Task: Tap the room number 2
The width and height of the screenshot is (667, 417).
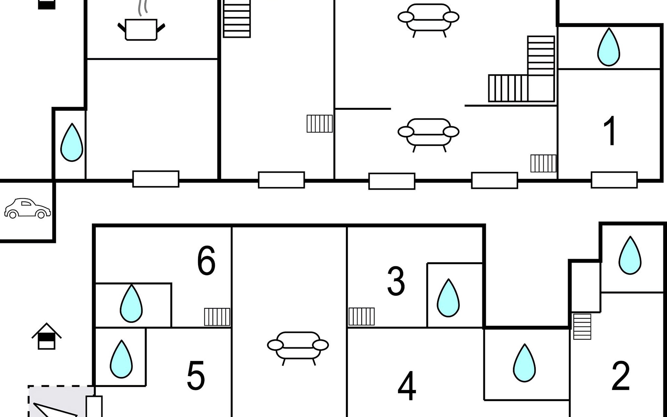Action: click(x=620, y=376)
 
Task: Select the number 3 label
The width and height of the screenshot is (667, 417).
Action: click(x=396, y=281)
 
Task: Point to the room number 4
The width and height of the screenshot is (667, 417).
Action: click(x=407, y=386)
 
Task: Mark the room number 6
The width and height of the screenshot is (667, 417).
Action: click(x=206, y=261)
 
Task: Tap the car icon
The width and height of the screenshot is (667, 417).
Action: click(x=27, y=208)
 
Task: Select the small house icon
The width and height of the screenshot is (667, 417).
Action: click(x=47, y=336)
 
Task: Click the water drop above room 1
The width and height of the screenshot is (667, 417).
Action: click(x=609, y=47)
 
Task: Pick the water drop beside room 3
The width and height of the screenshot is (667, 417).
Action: click(x=448, y=298)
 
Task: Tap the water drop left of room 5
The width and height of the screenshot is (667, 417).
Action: click(x=121, y=359)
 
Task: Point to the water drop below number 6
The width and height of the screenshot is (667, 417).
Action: click(x=131, y=304)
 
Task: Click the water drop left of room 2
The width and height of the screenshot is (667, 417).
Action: click(x=525, y=363)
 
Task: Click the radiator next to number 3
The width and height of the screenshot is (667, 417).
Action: click(x=362, y=316)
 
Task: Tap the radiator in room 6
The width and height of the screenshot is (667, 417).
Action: click(x=217, y=317)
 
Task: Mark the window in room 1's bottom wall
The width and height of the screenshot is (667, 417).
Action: click(x=614, y=180)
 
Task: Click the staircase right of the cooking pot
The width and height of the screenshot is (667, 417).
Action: click(x=237, y=19)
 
